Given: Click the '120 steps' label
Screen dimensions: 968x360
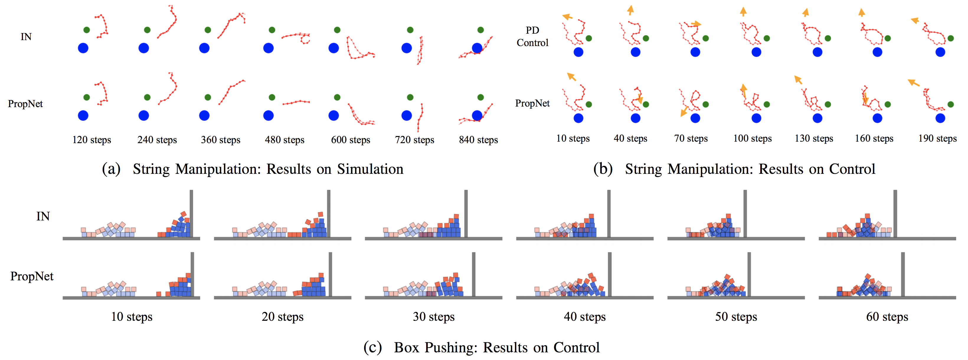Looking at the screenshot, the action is pos(92,140).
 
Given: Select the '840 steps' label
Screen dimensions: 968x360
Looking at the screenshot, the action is pos(478,140).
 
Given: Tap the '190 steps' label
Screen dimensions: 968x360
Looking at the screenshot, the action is pos(938,138).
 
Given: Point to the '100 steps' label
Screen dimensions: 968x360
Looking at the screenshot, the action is pos(752,138).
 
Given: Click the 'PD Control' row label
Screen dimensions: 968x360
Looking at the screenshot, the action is pos(532,37).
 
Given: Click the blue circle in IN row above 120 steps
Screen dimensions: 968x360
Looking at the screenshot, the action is pos(83,48).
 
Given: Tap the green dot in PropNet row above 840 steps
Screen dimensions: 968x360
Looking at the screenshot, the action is pos(481,97).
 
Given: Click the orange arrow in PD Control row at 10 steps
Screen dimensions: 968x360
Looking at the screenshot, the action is pos(568,17).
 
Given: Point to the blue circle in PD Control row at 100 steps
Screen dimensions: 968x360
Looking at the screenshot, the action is pos(756,52).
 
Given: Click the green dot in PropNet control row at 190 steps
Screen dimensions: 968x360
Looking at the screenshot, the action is pos(951,104).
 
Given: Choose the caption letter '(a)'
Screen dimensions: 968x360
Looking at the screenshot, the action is pos(111,169).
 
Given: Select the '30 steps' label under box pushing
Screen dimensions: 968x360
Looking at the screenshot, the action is pos(434,317).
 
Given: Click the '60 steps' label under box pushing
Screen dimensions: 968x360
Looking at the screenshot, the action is pos(887,317).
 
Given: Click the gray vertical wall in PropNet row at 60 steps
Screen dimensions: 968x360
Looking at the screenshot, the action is pos(902,274).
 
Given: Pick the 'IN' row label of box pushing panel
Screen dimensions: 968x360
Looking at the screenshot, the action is pos(43,217).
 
